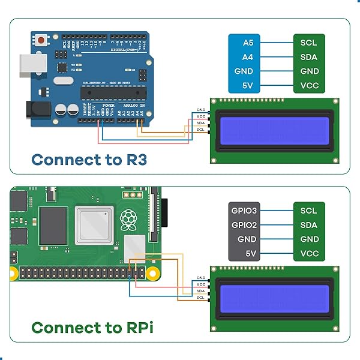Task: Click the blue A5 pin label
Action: point(248,43)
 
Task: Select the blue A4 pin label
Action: point(248,57)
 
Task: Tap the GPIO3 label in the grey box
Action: point(244,211)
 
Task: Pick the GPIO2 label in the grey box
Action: point(244,225)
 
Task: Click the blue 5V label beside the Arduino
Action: point(248,85)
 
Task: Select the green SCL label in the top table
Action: point(309,43)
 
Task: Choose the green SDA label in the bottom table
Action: point(309,225)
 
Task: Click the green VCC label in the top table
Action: point(309,85)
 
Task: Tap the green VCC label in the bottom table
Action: point(309,253)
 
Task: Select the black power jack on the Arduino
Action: point(36,109)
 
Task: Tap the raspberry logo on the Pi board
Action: point(128,220)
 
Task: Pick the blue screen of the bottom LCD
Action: point(274,298)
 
